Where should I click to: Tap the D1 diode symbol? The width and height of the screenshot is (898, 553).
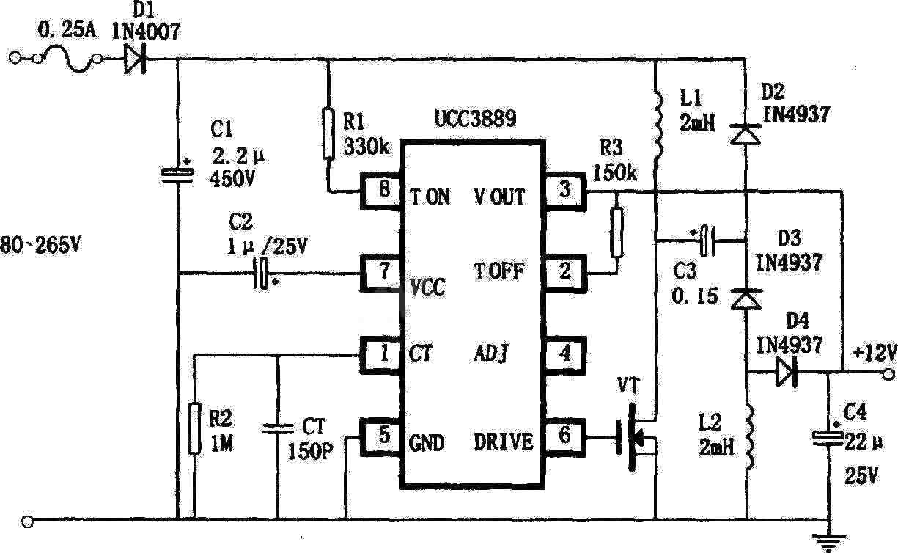tap(135, 59)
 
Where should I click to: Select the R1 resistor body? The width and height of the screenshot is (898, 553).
tap(328, 133)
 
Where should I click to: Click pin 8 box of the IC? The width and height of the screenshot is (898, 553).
tap(380, 191)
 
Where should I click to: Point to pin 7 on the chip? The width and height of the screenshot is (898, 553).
tap(380, 273)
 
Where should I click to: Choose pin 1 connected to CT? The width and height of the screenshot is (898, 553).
tap(380, 355)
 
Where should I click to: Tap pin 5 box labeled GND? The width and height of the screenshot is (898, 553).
tap(380, 436)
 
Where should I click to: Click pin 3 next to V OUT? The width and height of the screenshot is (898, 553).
tap(564, 191)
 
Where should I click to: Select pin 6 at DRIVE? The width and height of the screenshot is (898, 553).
tap(564, 436)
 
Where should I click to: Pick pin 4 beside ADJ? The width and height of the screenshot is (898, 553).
tap(564, 355)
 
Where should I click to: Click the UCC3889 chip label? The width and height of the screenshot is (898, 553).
tap(476, 119)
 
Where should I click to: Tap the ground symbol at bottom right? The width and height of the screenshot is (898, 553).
tap(829, 542)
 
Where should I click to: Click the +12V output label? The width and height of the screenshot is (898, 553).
tap(874, 353)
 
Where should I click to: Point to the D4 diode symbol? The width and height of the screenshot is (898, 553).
tap(786, 372)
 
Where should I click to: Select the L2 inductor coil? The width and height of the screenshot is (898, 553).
tap(748, 437)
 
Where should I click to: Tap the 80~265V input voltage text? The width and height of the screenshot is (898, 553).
tap(40, 245)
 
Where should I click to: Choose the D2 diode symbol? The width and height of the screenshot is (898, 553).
tap(746, 134)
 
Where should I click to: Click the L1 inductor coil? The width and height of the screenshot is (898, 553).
tap(658, 125)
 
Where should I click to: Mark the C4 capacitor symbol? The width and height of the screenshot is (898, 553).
tap(828, 438)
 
